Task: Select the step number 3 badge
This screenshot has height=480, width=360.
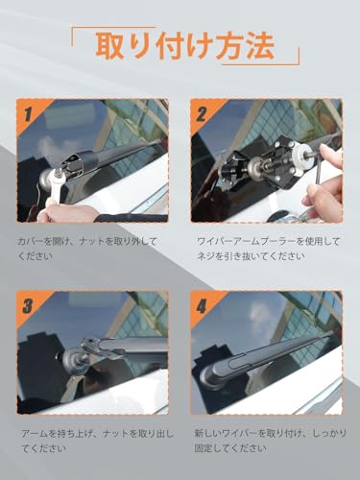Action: [29, 307]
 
